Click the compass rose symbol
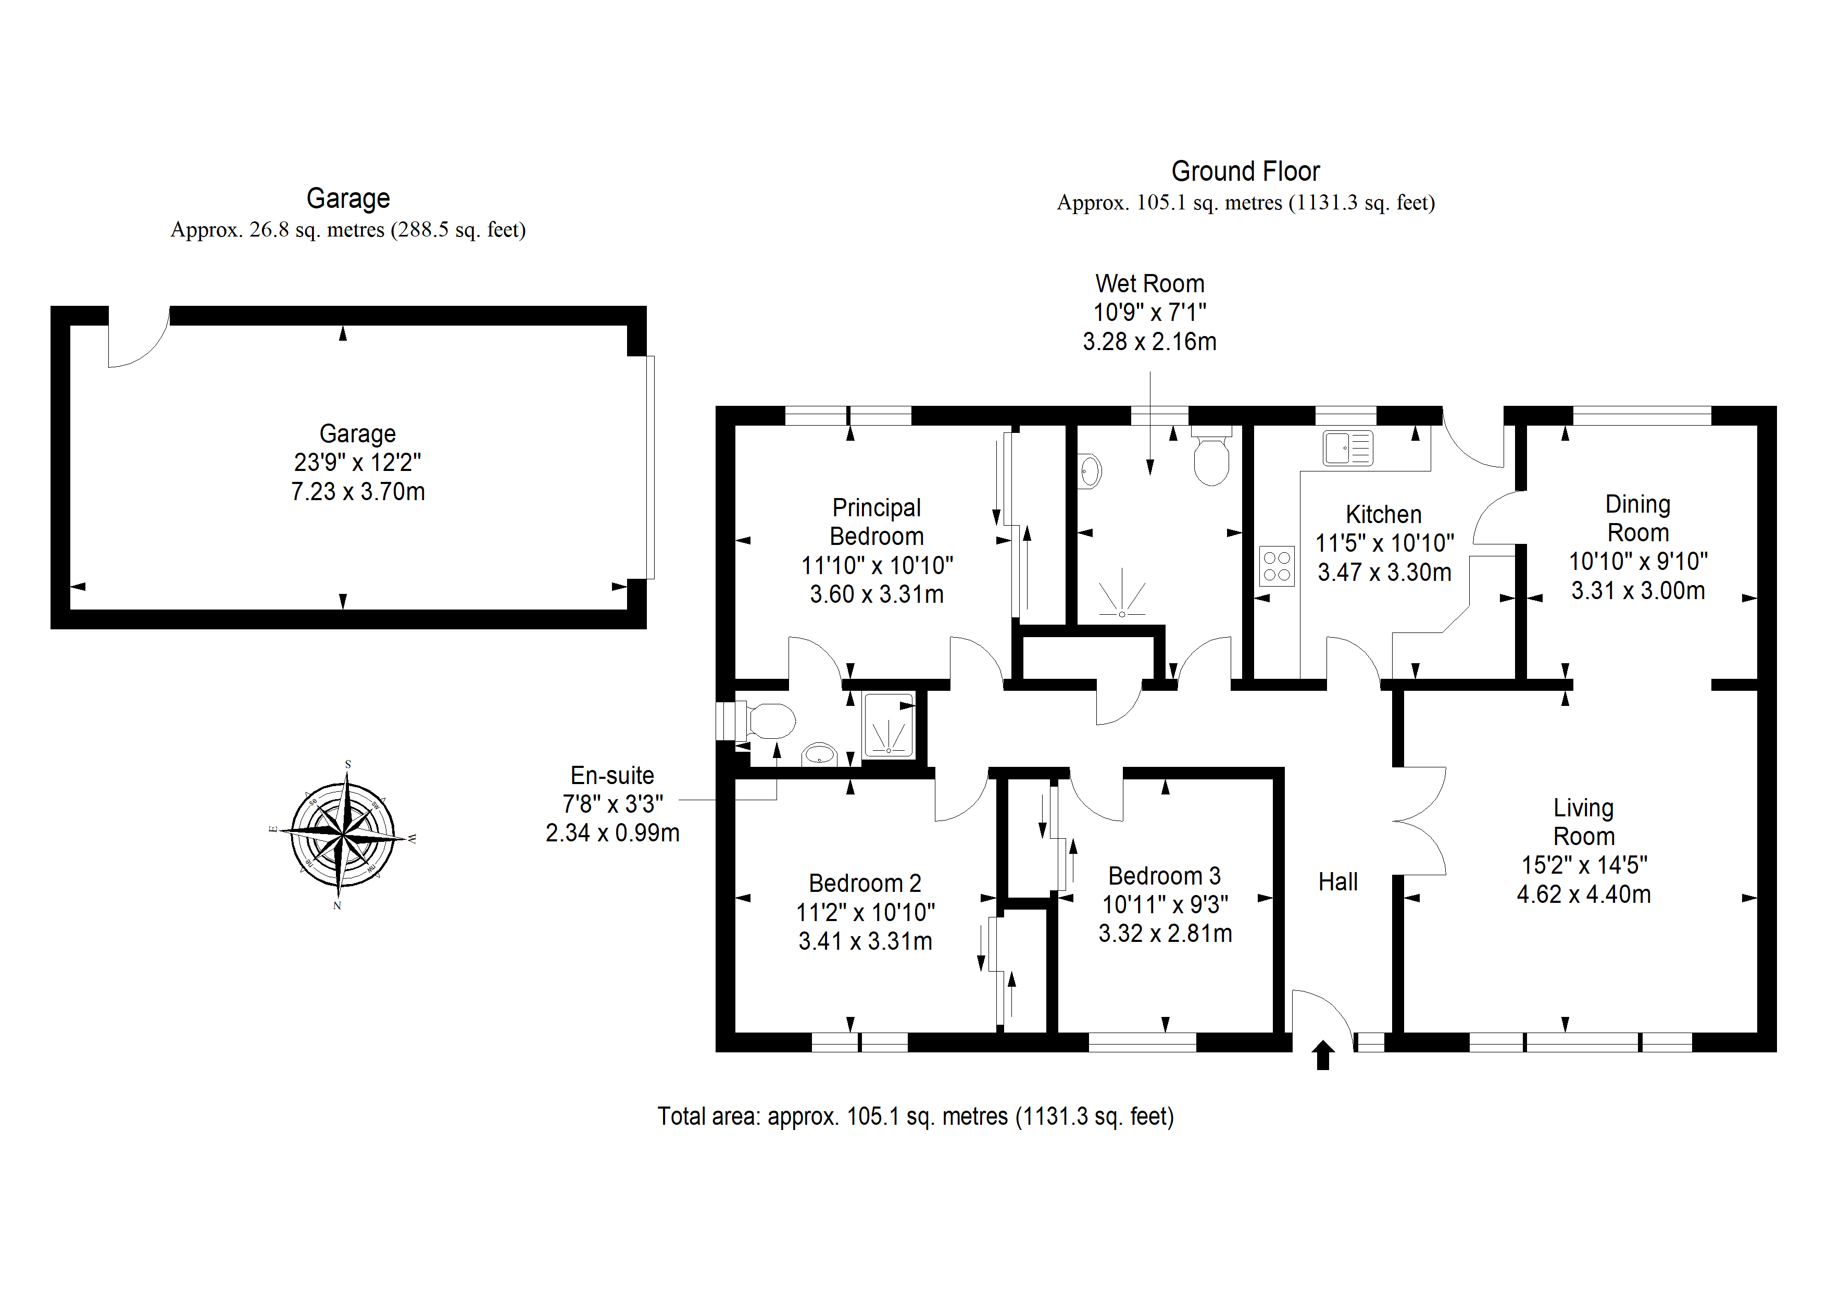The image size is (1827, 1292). (343, 835)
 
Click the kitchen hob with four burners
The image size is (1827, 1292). (1277, 566)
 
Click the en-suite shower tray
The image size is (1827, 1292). (890, 725)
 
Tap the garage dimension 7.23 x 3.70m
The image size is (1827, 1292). (358, 491)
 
